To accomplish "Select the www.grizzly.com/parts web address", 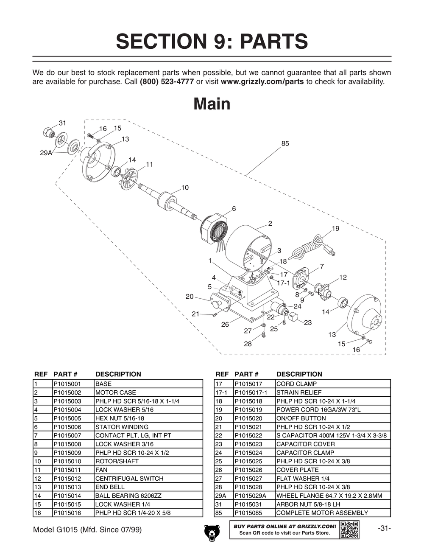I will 262,81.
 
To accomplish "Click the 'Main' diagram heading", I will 212,104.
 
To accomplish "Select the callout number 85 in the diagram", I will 285,144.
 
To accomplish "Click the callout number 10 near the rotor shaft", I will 185,188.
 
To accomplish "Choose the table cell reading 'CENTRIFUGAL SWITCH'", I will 129,479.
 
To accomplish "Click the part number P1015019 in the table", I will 248,410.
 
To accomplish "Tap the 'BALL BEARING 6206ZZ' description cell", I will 128,496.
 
